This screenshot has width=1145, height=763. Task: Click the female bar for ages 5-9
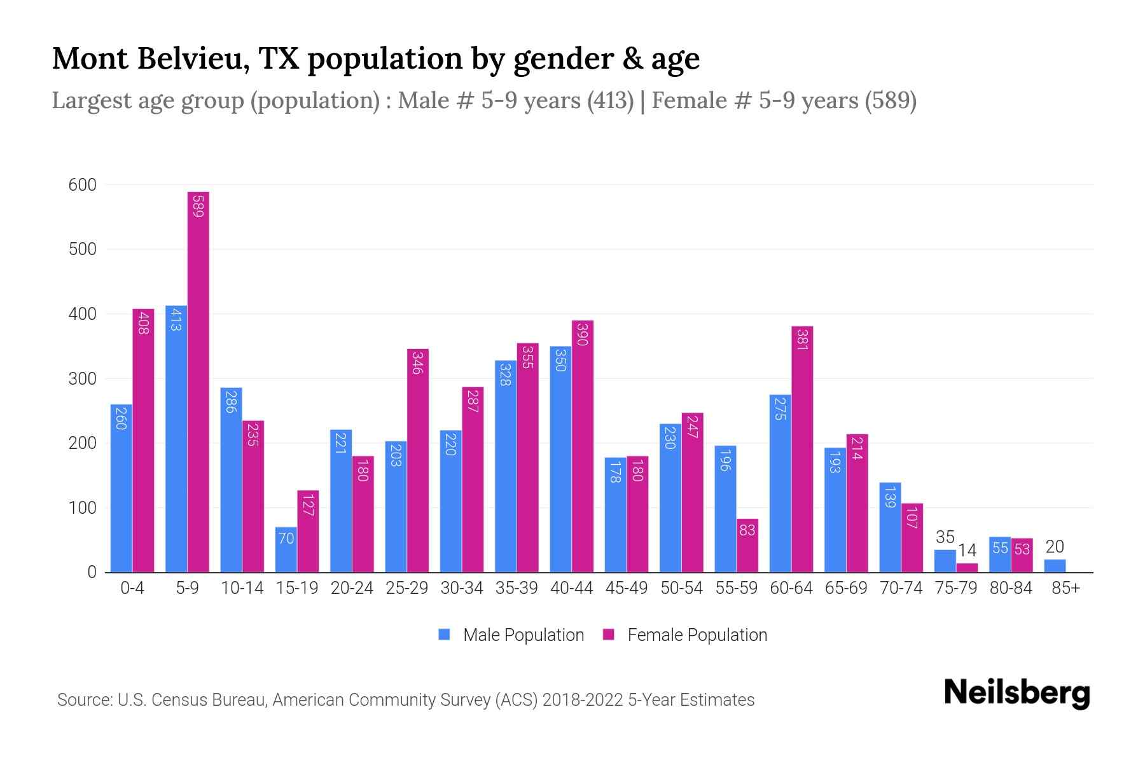pyautogui.click(x=198, y=381)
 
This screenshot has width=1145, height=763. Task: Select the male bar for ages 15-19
pyautogui.click(x=286, y=550)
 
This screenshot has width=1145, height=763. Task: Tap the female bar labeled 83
pyautogui.click(x=747, y=546)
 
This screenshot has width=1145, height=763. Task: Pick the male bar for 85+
pyautogui.click(x=1055, y=566)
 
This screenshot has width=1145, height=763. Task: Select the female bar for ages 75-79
pyautogui.click(x=967, y=568)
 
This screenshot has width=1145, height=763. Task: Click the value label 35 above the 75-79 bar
pyautogui.click(x=945, y=537)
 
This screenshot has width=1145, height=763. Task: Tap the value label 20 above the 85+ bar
pyautogui.click(x=1055, y=547)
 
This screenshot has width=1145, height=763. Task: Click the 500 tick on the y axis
pyautogui.click(x=83, y=249)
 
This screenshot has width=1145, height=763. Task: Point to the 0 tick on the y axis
pyautogui.click(x=92, y=572)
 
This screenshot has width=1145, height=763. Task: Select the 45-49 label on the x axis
pyautogui.click(x=627, y=588)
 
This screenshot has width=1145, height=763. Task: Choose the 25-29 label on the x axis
pyautogui.click(x=407, y=588)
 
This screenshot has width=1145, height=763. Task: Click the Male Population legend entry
pyautogui.click(x=523, y=635)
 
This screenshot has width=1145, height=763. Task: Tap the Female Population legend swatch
pyautogui.click(x=609, y=635)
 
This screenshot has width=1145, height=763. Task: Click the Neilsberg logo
pyautogui.click(x=1017, y=693)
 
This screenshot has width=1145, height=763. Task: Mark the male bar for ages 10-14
pyautogui.click(x=232, y=480)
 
